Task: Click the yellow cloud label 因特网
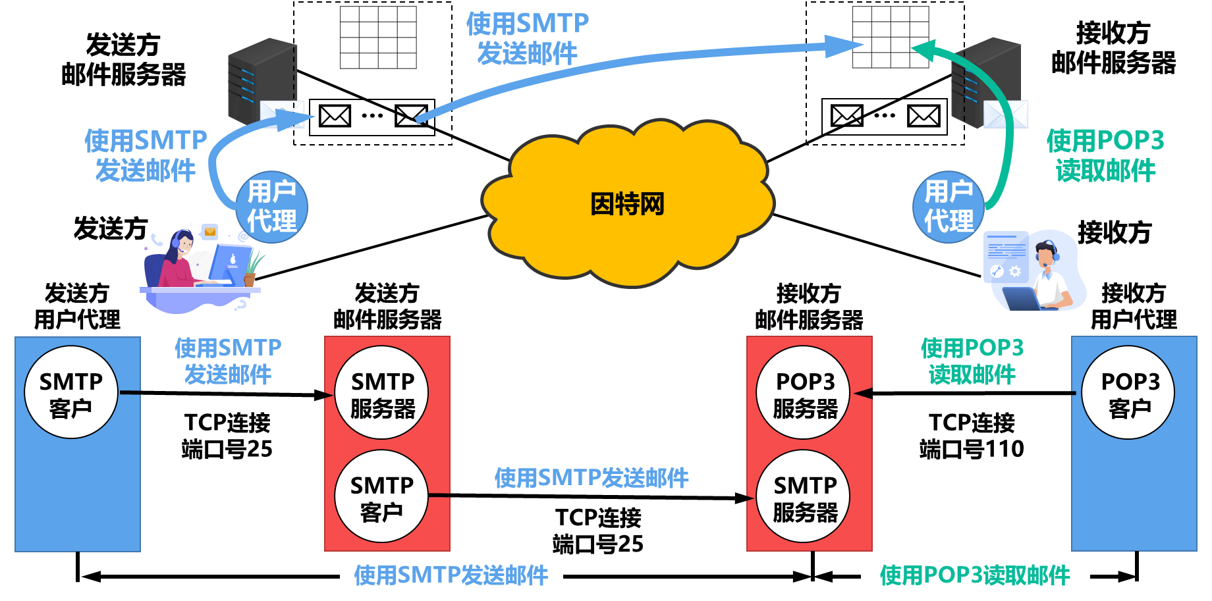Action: pyautogui.click(x=627, y=204)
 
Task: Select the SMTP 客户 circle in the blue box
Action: pyautogui.click(x=71, y=393)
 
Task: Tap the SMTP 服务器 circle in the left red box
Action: pyautogui.click(x=382, y=393)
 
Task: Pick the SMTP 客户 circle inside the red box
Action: pyautogui.click(x=382, y=497)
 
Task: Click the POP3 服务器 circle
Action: pyautogui.click(x=804, y=393)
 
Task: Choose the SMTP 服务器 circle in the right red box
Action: pyautogui.click(x=804, y=497)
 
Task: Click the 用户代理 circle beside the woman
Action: pyautogui.click(x=271, y=207)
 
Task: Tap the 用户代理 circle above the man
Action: pyautogui.click(x=949, y=207)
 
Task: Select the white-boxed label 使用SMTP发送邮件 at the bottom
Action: pyautogui.click(x=451, y=575)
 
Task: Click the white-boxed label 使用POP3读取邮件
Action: pyautogui.click(x=975, y=575)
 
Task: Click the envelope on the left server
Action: pyautogui.click(x=282, y=113)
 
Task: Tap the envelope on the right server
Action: pyautogui.click(x=1006, y=114)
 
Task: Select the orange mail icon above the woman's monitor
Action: pyautogui.click(x=210, y=232)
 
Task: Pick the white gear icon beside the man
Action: pyautogui.click(x=1015, y=271)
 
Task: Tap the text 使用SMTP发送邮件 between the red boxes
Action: pyautogui.click(x=592, y=478)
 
